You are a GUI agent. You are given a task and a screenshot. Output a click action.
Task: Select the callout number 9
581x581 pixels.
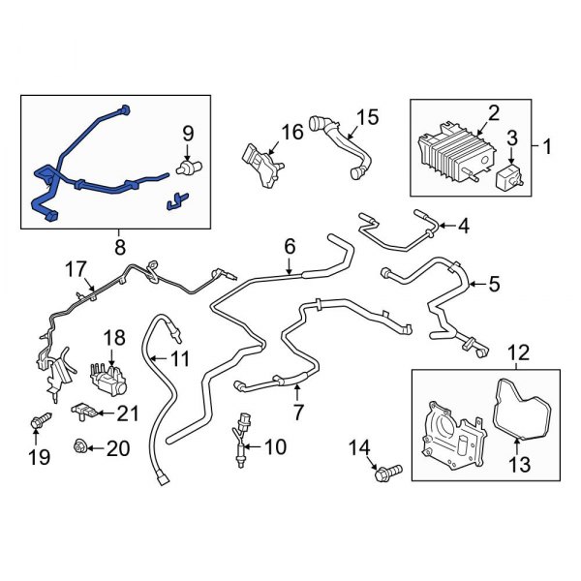pyautogui.click(x=188, y=133)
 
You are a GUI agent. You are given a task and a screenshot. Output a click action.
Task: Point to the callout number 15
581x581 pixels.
pyautogui.click(x=366, y=118)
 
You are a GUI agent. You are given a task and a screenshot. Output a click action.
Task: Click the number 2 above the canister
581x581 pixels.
pyautogui.click(x=493, y=114)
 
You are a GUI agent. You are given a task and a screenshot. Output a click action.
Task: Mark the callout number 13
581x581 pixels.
pyautogui.click(x=520, y=465)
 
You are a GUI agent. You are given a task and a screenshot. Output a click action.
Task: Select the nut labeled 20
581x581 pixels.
pyautogui.click(x=82, y=447)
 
